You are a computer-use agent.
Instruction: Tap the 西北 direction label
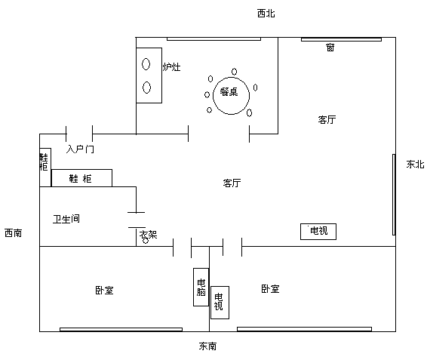point(266,14)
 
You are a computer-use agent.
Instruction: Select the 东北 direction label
point(415,165)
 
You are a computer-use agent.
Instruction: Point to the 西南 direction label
point(14,233)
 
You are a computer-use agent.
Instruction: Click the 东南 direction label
point(207,346)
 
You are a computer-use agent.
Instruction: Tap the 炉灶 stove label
point(171,66)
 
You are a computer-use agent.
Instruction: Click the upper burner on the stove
point(146,64)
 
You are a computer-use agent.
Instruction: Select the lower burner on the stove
point(146,88)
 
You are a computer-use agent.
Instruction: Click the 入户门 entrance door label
point(80,149)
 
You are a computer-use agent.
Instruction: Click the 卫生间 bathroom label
point(66,219)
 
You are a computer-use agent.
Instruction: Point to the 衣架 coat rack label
point(149,235)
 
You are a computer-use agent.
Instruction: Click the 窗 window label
point(330,48)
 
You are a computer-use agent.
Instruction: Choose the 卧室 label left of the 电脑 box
point(104,290)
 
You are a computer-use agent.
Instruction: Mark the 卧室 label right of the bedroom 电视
point(270,288)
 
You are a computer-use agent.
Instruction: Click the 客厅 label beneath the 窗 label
point(327,119)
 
